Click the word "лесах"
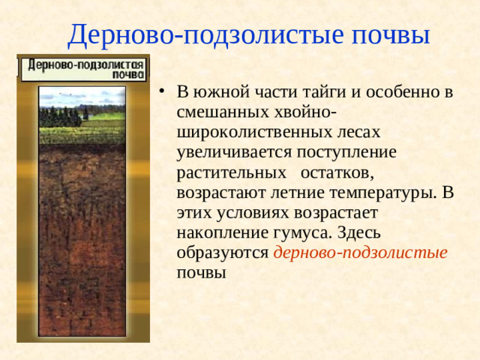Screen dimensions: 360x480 354,133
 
